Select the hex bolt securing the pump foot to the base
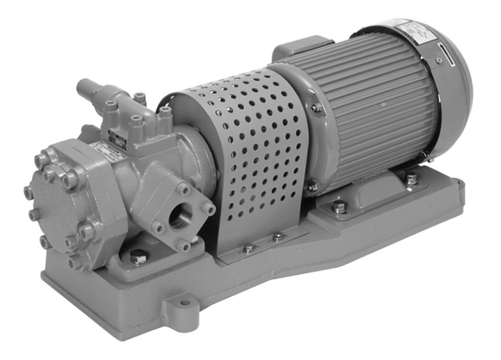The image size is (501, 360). click(x=138, y=256)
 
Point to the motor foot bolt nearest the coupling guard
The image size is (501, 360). click(x=339, y=207)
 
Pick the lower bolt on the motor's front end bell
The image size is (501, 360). click(x=314, y=187)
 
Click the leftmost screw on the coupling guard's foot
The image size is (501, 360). click(x=249, y=248)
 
